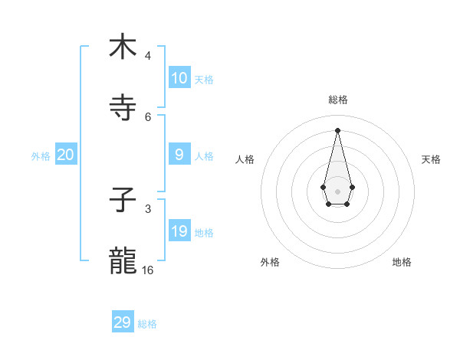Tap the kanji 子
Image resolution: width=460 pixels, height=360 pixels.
(x=123, y=202)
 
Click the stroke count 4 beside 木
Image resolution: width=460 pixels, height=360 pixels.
(x=148, y=56)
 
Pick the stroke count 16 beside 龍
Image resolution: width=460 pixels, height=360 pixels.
(x=148, y=270)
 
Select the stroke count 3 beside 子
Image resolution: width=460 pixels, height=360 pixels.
(x=148, y=208)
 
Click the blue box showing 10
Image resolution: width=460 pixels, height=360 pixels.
(x=179, y=78)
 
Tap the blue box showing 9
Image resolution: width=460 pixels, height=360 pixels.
(x=179, y=155)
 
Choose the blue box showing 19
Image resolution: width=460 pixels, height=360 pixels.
(x=179, y=231)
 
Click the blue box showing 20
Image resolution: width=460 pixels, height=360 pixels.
(x=66, y=155)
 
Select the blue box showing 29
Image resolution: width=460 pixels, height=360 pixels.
(x=123, y=322)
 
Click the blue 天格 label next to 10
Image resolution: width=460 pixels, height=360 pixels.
(x=204, y=80)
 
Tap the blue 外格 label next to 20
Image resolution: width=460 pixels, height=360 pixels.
(x=41, y=156)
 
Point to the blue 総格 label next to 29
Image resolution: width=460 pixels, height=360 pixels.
(x=147, y=324)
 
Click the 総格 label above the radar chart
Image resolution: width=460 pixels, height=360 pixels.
(x=338, y=100)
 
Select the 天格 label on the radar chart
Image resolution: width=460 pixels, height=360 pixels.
(x=432, y=159)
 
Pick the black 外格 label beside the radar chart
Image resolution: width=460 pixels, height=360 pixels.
(x=270, y=262)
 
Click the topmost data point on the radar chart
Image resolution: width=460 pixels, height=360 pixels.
(x=338, y=130)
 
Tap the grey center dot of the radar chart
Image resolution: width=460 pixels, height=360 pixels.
(x=338, y=191)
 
